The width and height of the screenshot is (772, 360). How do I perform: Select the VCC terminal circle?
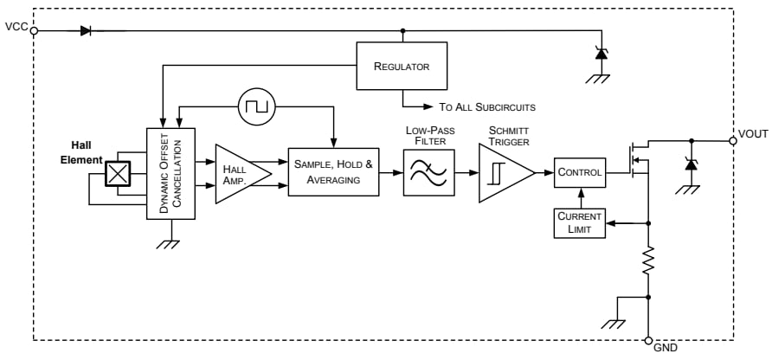(x=35, y=30)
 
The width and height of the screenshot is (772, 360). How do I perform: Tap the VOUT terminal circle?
(x=733, y=139)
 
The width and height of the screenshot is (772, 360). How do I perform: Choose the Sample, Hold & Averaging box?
(x=333, y=171)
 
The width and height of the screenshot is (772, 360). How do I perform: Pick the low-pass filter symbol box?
(x=428, y=171)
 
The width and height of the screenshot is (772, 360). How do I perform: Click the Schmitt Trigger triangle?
(x=504, y=172)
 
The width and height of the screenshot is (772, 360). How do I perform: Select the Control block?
(x=578, y=172)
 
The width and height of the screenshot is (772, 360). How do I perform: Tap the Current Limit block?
(x=578, y=222)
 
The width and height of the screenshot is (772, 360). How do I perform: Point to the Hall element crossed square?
(x=116, y=173)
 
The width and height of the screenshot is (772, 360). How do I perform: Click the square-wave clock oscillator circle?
(x=256, y=107)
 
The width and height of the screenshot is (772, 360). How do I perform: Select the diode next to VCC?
(x=86, y=30)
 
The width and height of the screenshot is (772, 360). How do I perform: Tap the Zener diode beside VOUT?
(x=690, y=162)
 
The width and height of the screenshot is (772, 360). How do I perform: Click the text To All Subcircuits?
(x=487, y=107)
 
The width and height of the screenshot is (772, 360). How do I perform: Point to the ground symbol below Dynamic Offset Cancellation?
(x=170, y=242)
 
